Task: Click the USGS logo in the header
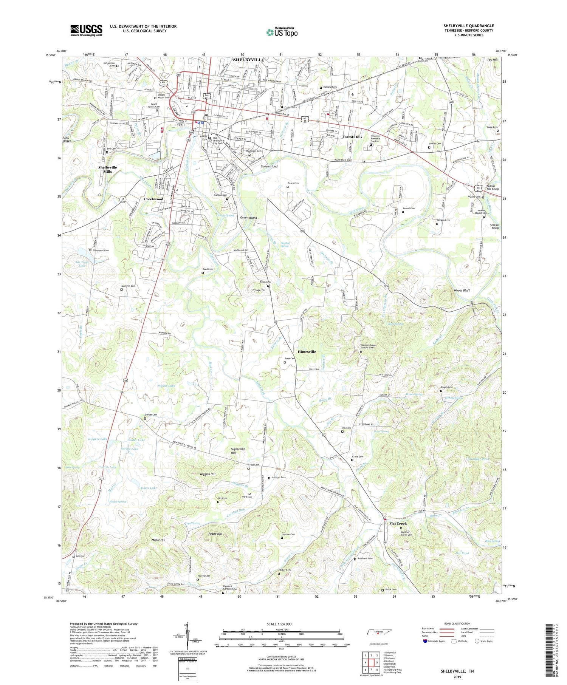coord(86,30)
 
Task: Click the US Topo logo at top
coord(282,32)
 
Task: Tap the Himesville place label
coord(307,351)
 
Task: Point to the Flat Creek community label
coord(398,523)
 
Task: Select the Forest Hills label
coord(352,137)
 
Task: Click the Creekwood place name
coord(153,199)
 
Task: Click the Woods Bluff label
coord(462,290)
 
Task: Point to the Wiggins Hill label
coord(208,474)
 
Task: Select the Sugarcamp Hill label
coord(238,451)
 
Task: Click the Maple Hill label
coord(158,540)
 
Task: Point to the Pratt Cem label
coord(290,359)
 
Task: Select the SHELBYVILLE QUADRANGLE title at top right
coord(469,26)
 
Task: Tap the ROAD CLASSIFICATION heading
coord(457,623)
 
